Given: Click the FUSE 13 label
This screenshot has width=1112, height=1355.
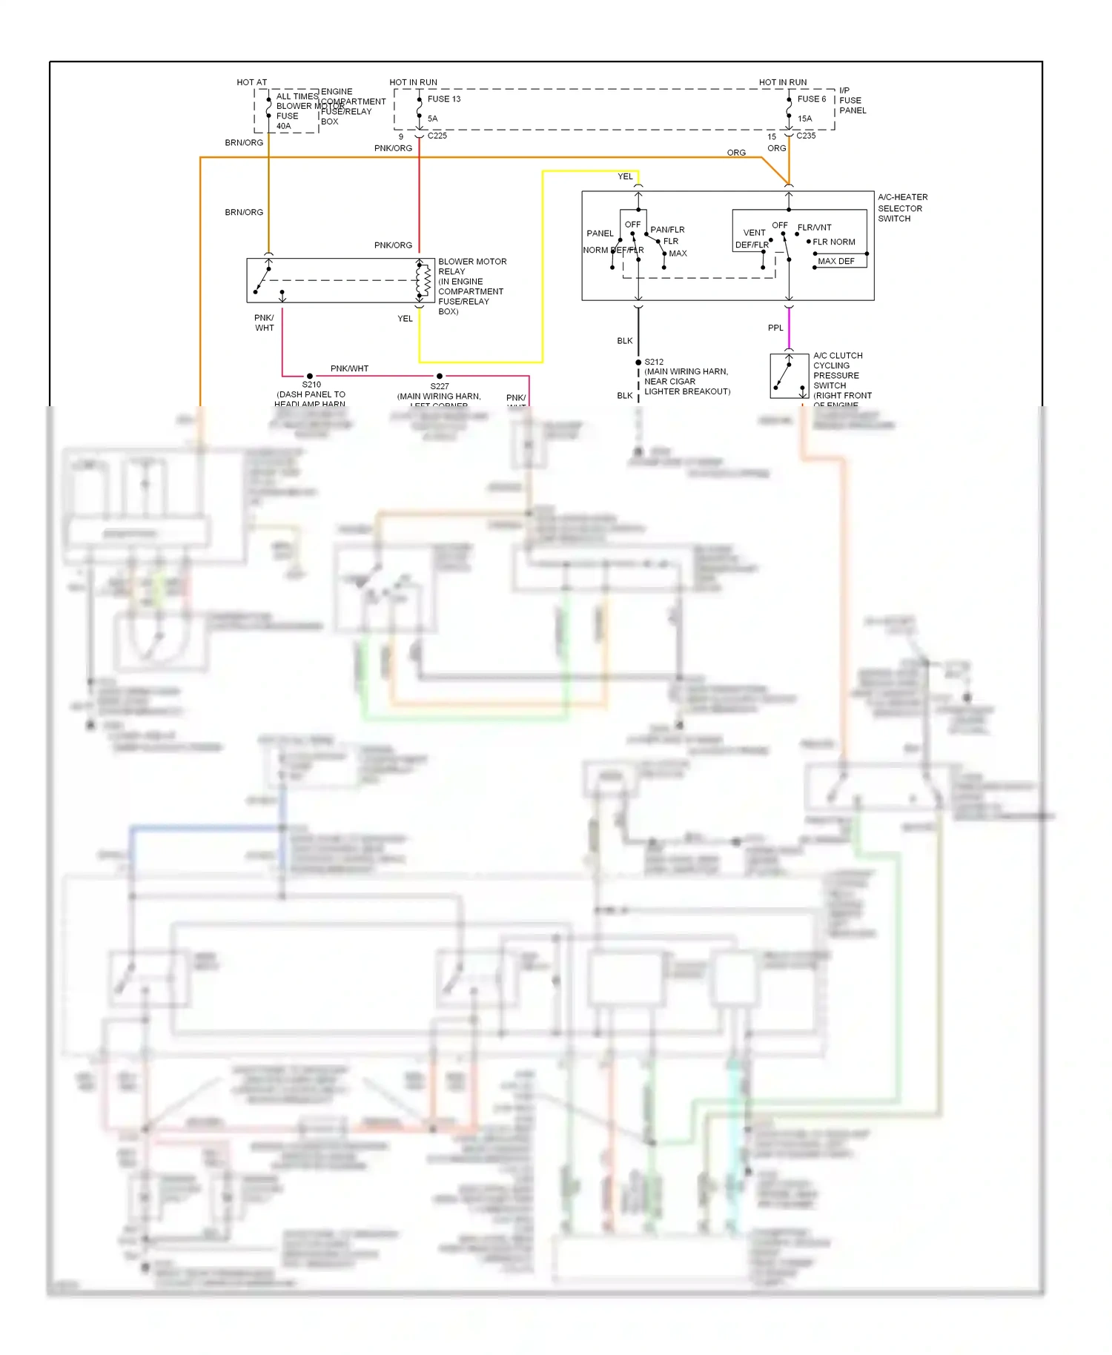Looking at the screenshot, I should (x=443, y=99).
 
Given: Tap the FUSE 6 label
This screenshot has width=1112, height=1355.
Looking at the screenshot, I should (x=811, y=99).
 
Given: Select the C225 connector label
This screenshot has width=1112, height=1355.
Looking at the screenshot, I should (x=437, y=136).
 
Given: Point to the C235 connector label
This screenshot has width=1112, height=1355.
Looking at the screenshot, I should (x=805, y=136).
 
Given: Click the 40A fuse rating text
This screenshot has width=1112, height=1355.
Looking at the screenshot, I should (x=283, y=127).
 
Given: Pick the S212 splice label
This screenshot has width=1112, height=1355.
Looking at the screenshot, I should (x=653, y=362).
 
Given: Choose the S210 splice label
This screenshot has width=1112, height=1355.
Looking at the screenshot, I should (x=311, y=385).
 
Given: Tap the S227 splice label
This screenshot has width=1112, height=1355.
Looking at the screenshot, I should (x=440, y=386).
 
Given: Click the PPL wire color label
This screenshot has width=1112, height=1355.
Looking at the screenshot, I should (x=775, y=328).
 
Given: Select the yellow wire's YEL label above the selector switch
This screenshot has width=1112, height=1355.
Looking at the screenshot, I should (x=625, y=177).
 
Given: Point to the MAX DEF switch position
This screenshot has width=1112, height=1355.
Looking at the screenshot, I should (x=835, y=262).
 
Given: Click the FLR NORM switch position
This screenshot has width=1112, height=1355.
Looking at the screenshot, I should (x=833, y=242).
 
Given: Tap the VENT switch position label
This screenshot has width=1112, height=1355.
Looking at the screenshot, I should (x=754, y=233).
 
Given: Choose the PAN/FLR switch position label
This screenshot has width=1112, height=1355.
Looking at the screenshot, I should (x=667, y=230).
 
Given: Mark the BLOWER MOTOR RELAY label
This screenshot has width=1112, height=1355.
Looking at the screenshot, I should (x=471, y=267).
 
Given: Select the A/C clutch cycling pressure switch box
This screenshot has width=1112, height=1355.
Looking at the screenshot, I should (x=789, y=377).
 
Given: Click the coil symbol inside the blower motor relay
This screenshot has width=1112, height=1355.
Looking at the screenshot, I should (x=426, y=280).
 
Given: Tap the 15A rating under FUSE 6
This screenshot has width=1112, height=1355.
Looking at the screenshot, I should (x=804, y=119).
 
